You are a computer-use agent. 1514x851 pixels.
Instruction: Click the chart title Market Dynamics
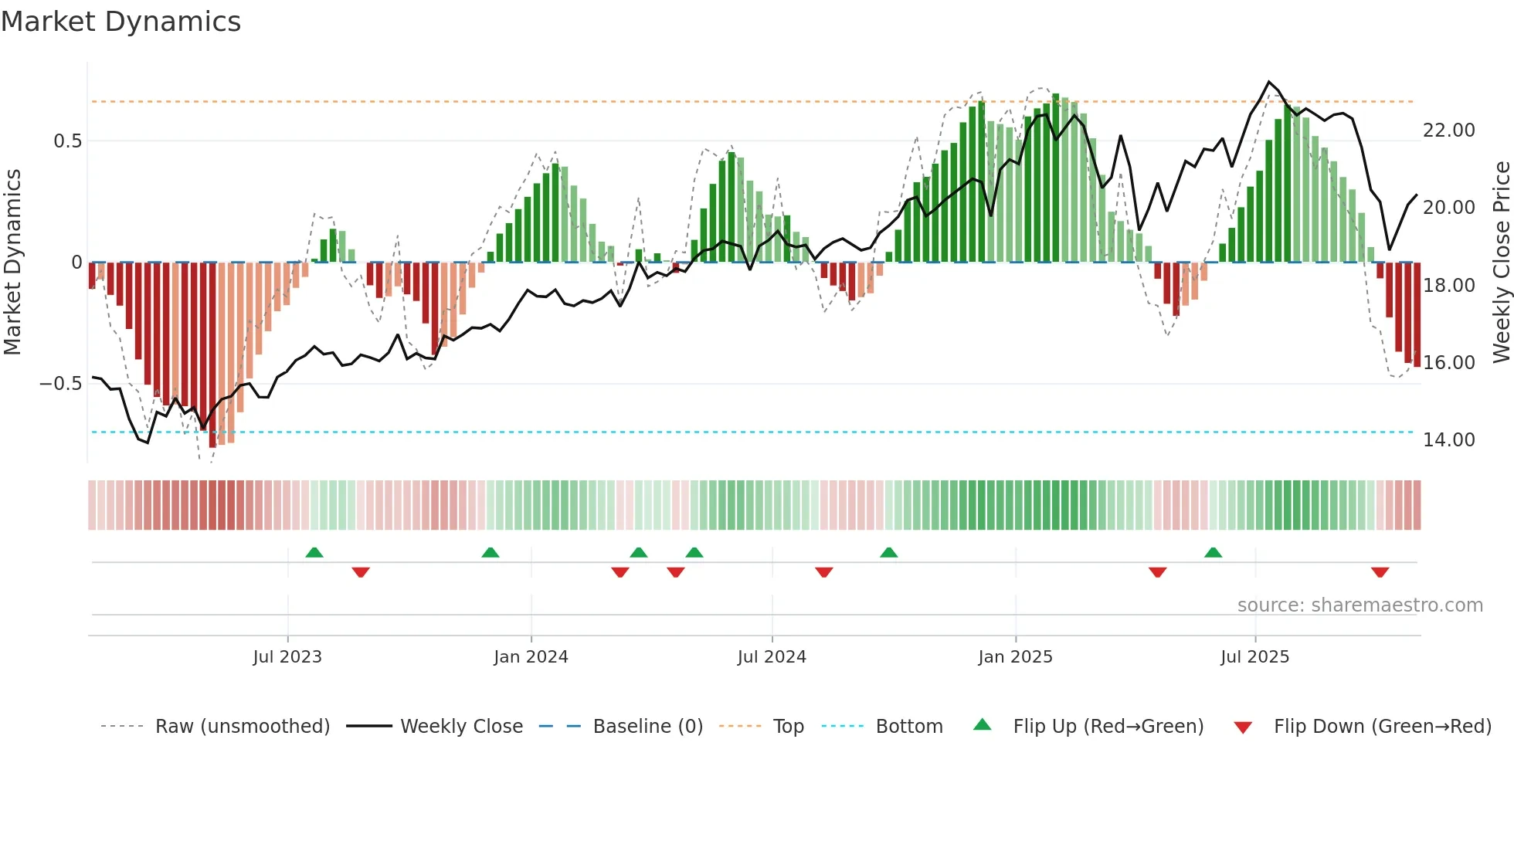[x=121, y=22]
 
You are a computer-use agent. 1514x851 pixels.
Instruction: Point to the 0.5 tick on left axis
[x=67, y=141]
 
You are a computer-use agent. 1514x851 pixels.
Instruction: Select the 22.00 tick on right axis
[x=1448, y=131]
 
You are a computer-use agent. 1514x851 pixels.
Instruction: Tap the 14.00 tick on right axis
[x=1448, y=440]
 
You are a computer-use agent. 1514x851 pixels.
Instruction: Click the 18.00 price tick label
[x=1448, y=286]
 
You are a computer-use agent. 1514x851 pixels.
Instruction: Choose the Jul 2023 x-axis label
[x=287, y=657]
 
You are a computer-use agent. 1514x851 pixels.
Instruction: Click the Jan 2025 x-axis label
[x=1015, y=657]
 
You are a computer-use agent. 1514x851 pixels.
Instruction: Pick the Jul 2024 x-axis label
[x=772, y=657]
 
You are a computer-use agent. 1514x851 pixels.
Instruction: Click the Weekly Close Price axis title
[x=1501, y=263]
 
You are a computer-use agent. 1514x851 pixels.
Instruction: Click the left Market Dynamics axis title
[x=12, y=263]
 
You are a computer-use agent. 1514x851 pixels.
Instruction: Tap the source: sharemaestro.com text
[x=1360, y=605]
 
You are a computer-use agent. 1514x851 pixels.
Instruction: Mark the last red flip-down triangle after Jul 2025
[x=1380, y=572]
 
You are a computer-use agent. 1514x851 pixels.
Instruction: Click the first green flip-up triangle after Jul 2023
[x=314, y=552]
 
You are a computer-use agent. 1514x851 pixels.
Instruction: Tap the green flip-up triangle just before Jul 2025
[x=1213, y=552]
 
